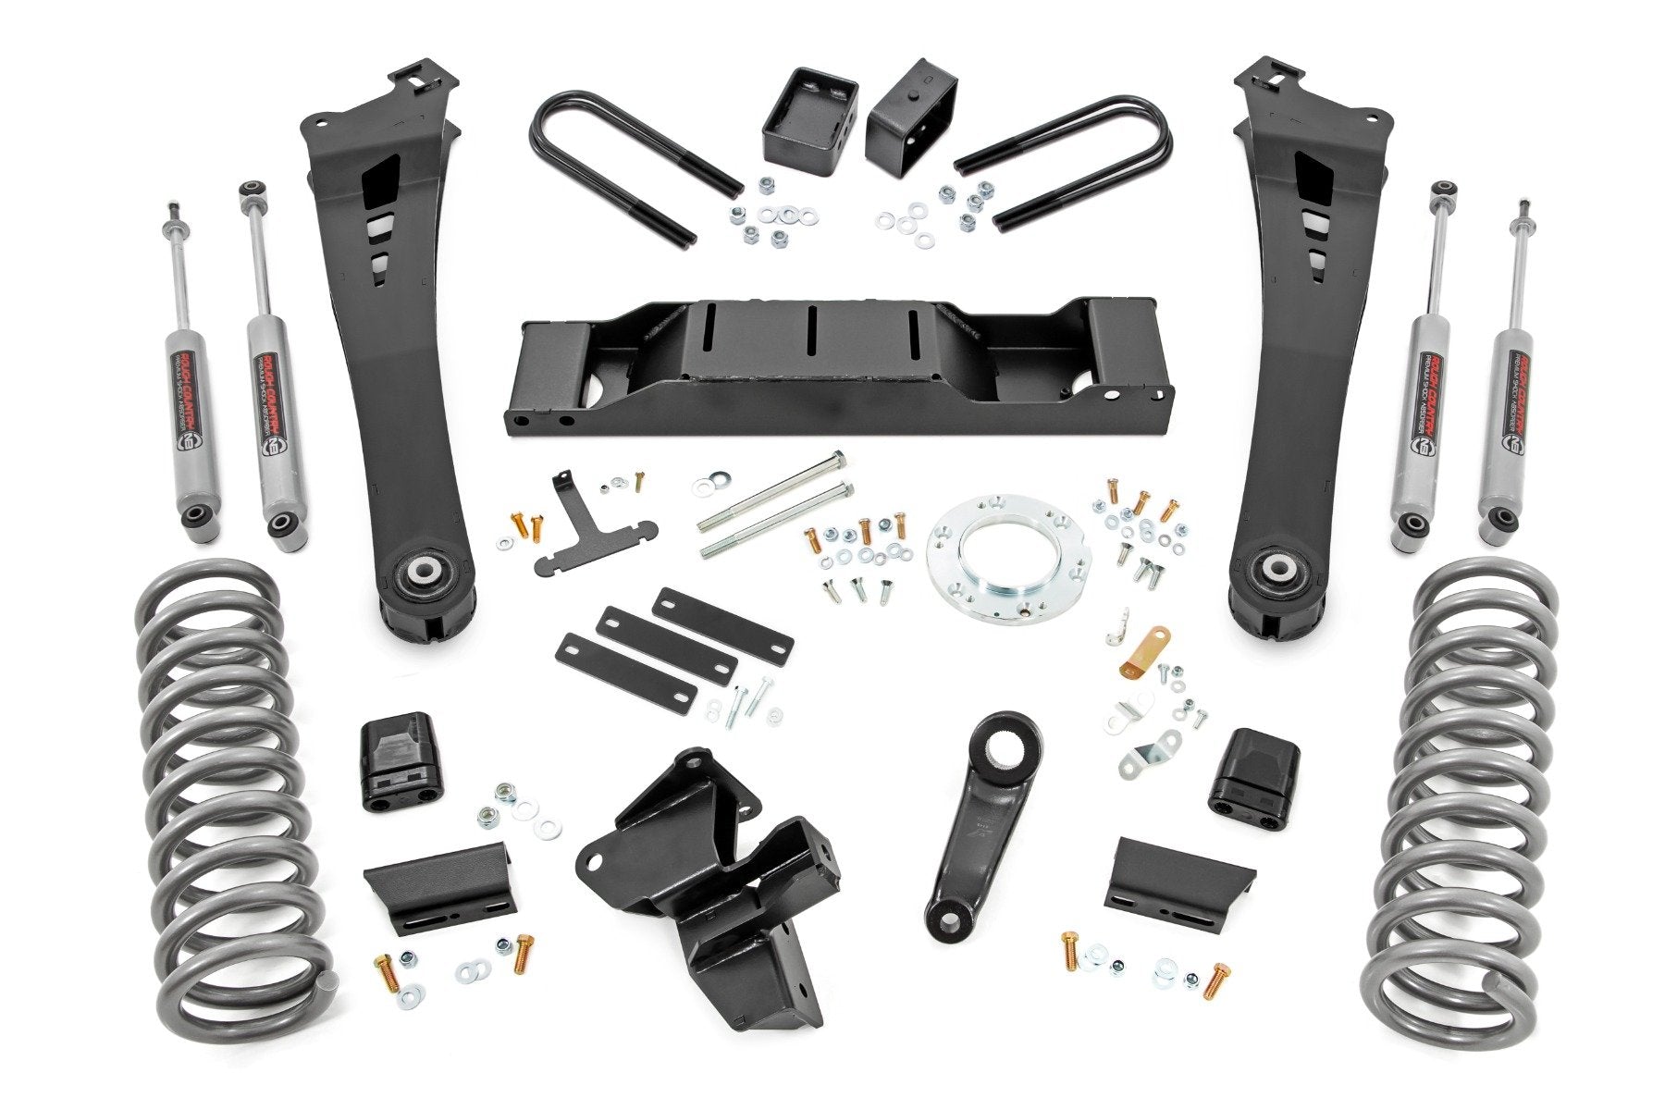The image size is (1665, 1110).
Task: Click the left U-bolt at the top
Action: (x=610, y=157)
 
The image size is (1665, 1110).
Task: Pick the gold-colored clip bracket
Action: (x=1146, y=648)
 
